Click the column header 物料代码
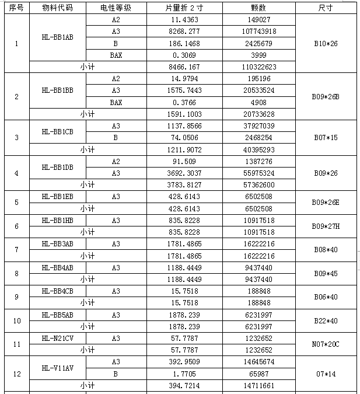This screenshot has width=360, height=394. [57, 9]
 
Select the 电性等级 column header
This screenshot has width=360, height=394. [116, 9]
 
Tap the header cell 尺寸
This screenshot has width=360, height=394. [326, 9]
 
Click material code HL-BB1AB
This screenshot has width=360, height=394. [57, 37]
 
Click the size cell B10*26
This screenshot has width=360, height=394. [326, 43]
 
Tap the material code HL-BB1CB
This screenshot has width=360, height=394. [57, 131]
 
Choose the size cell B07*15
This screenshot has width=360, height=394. [326, 138]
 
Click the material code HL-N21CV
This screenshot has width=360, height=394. [57, 338]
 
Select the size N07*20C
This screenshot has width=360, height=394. [326, 344]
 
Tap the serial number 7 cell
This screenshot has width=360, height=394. [16, 250]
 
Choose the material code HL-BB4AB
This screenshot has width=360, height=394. [57, 267]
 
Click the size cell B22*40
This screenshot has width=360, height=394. [326, 320]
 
